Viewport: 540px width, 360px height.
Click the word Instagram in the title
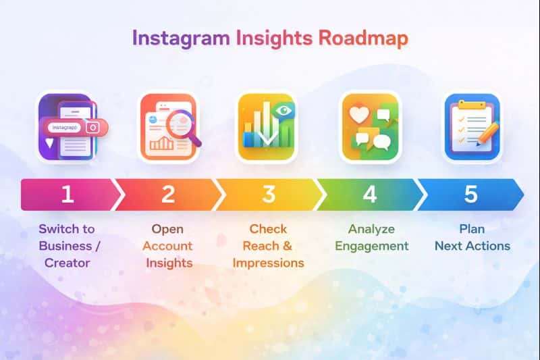point(181,38)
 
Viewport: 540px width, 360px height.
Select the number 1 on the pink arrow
point(67,194)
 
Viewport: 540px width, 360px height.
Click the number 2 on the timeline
point(168,194)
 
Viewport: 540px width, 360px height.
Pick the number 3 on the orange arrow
point(269,194)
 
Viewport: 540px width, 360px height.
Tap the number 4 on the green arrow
point(370,194)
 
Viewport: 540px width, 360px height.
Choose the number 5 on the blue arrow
point(470,194)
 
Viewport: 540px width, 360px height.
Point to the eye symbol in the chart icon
point(283,111)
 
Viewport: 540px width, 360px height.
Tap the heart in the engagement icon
point(359,114)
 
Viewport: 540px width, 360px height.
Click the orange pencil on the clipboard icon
point(487,134)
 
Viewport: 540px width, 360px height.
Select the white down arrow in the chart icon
point(268,131)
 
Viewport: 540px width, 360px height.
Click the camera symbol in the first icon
point(92,128)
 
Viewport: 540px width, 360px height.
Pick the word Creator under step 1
point(67,263)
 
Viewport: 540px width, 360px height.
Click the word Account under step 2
point(167,246)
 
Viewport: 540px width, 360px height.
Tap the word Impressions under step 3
point(268,263)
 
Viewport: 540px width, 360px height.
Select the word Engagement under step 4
point(372,247)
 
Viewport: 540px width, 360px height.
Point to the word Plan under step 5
point(472,229)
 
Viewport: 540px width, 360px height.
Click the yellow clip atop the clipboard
point(471,105)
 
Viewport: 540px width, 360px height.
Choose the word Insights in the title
point(274,38)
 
